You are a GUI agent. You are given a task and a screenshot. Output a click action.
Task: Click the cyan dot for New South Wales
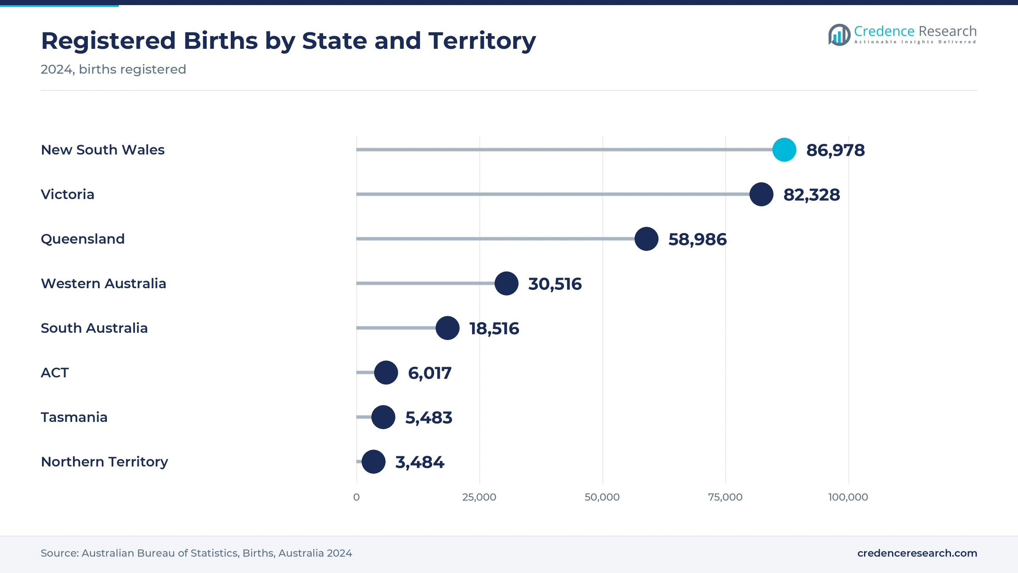(x=784, y=150)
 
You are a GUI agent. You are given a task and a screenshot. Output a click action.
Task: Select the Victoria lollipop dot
(x=761, y=194)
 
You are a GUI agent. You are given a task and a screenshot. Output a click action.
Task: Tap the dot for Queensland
(x=646, y=239)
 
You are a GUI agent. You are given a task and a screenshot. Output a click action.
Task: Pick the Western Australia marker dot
(x=506, y=284)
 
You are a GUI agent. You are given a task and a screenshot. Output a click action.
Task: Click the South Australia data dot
(x=447, y=328)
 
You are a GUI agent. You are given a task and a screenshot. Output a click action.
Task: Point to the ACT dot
(x=386, y=373)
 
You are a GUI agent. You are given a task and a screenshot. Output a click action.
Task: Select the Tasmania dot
(x=383, y=417)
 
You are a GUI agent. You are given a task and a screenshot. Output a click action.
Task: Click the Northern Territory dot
(x=373, y=462)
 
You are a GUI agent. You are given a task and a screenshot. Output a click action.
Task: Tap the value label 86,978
(x=835, y=150)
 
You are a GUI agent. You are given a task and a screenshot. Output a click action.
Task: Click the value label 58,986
(x=697, y=239)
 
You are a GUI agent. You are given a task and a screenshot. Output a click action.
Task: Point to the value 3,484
(x=420, y=462)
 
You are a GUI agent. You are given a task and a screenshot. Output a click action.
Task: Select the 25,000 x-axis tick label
(x=479, y=497)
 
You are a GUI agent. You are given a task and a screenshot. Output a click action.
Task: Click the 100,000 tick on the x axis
(x=848, y=497)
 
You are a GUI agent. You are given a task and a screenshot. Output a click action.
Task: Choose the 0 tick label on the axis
(x=356, y=497)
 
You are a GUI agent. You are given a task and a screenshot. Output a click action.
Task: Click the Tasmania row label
(x=74, y=417)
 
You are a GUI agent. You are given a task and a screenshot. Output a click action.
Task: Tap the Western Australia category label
(x=103, y=284)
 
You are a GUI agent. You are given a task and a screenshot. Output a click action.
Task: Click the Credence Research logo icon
(x=839, y=35)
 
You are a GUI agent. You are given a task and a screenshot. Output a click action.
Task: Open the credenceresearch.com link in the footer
(x=917, y=553)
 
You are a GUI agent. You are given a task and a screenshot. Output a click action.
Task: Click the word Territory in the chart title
(x=482, y=41)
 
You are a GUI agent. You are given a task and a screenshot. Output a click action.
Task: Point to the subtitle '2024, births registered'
(x=113, y=69)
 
